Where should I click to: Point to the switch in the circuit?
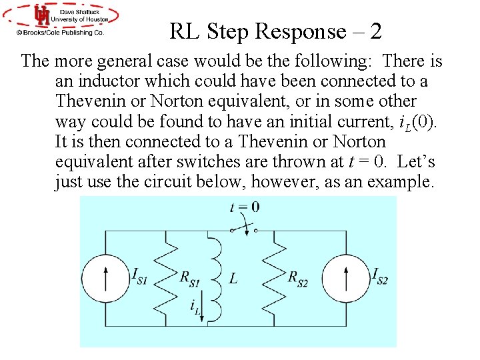pos(244,228)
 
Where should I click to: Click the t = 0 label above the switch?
pos(245,207)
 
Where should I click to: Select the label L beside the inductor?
pos(233,279)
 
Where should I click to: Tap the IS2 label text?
pos(379,274)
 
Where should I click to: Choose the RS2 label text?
pos(297,279)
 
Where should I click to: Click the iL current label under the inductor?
pos(195,307)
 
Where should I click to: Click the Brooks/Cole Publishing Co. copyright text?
pos(61,31)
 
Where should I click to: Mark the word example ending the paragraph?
pos(399,181)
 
